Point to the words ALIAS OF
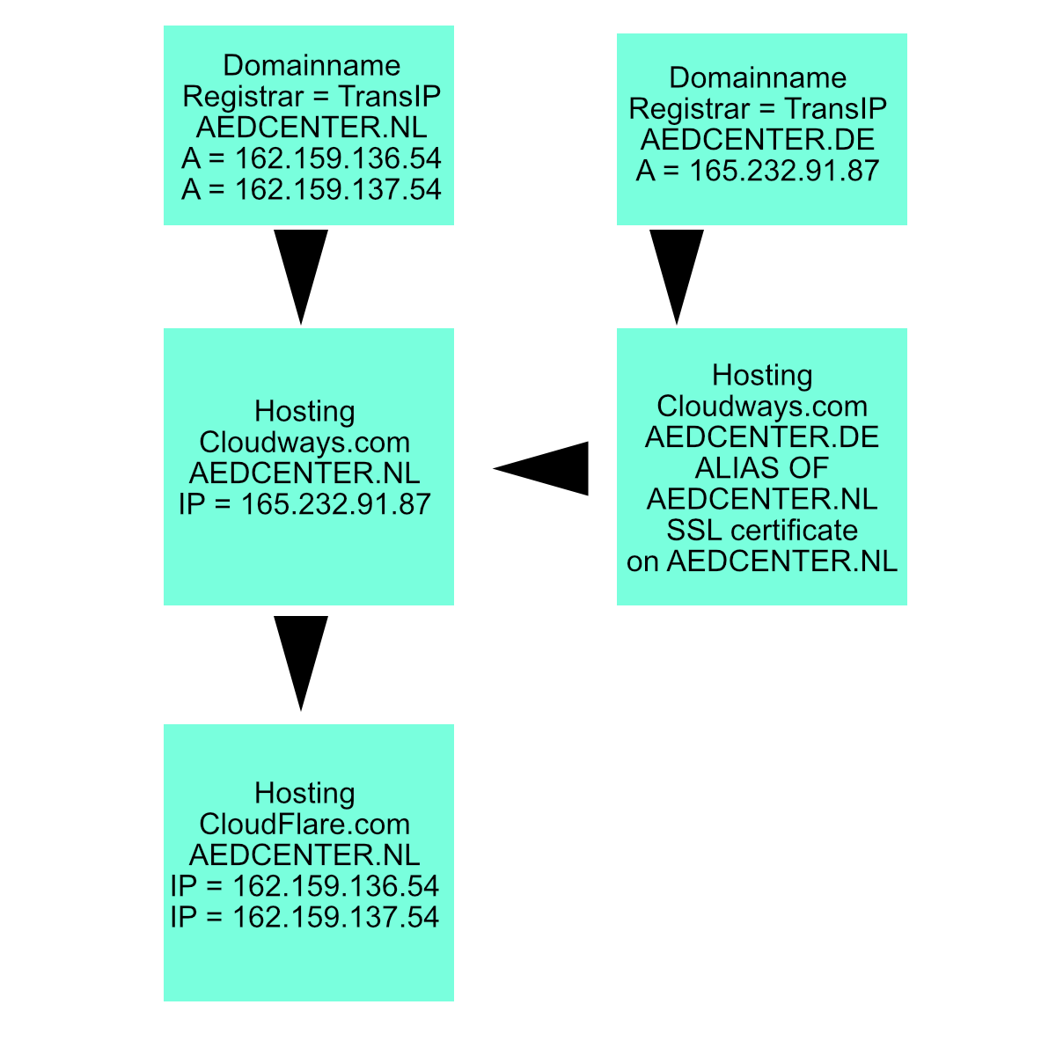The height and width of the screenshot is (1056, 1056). point(762,467)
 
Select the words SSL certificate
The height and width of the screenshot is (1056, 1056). point(762,530)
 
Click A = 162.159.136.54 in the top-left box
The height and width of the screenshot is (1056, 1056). point(311,158)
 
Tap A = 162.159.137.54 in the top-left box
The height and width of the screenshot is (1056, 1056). point(311,189)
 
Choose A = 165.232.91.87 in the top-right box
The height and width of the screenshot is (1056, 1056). point(758,171)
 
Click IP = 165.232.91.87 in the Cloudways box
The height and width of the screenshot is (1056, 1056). point(304,504)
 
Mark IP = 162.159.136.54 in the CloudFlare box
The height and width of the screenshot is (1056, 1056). point(304,886)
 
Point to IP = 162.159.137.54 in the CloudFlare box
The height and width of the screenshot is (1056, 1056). point(304,917)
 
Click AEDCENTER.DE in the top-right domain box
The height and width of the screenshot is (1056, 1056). point(758,139)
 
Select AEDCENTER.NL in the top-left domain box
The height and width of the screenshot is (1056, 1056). point(312,127)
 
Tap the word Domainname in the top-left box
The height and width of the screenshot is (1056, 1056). point(312,65)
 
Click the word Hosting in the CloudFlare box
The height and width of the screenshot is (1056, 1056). point(304,793)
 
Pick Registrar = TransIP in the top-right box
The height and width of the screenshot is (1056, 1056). point(758,108)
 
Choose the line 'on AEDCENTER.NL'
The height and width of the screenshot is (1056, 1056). point(762,561)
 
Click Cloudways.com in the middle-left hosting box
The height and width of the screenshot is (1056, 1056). point(304,442)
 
